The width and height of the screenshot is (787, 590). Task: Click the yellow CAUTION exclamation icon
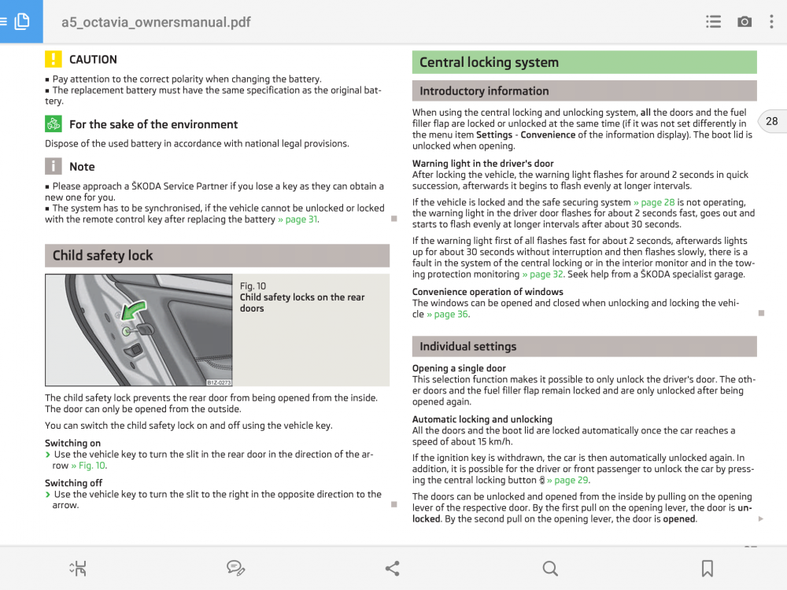coord(53,59)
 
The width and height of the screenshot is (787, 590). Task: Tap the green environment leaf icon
coord(53,124)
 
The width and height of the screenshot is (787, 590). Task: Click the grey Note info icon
coord(53,166)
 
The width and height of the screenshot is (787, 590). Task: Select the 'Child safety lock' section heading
coord(103,256)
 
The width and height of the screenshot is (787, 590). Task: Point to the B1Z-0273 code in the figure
coord(219,382)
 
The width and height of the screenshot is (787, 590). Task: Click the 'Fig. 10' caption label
coord(253,286)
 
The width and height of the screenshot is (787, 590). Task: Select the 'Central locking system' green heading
coord(489,62)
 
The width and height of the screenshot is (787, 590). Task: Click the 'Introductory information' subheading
coord(484,91)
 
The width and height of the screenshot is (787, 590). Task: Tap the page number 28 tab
coord(771,121)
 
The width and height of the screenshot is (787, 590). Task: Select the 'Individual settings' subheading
coord(467,346)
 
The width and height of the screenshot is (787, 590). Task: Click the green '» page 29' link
coord(568,480)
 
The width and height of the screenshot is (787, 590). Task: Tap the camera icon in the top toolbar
coord(744,21)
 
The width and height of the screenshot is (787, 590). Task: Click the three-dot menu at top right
coord(771,21)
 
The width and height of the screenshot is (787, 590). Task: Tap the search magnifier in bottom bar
coord(550,568)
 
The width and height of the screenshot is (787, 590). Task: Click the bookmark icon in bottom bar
coord(707,568)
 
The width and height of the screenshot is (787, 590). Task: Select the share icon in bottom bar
coord(392,568)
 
